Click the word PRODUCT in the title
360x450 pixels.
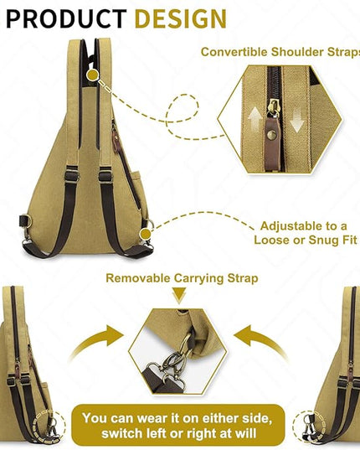coord(66,18)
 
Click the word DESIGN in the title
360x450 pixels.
coord(181,18)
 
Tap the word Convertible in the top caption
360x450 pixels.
coord(234,52)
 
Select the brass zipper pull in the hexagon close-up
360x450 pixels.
coord(274,108)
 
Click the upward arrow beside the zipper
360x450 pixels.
coord(255,120)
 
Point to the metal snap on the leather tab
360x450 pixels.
coord(271,134)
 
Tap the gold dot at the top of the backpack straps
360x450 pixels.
coord(93,75)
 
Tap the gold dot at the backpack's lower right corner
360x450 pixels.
coord(146,234)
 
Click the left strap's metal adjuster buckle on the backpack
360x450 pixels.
coord(71,173)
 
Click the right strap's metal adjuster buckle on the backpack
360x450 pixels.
coord(105,174)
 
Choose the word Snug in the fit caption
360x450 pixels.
coord(321,240)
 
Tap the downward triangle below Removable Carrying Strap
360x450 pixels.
coord(179,296)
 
